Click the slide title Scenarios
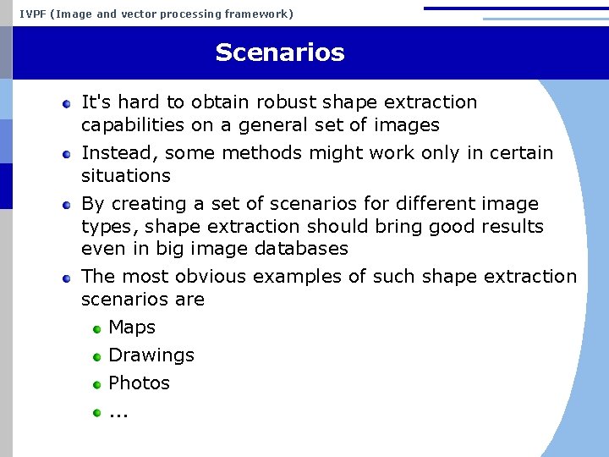click(279, 52)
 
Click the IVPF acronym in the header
click(33, 14)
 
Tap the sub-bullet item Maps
click(132, 327)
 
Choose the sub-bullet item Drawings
click(151, 355)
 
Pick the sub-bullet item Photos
click(139, 383)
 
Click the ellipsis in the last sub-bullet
click(118, 414)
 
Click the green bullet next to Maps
click(97, 328)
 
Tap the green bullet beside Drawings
click(97, 356)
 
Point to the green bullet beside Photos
click(97, 384)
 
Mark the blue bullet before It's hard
click(66, 103)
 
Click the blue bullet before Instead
click(66, 154)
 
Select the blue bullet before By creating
click(66, 205)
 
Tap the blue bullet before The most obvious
click(66, 278)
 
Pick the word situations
click(126, 176)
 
